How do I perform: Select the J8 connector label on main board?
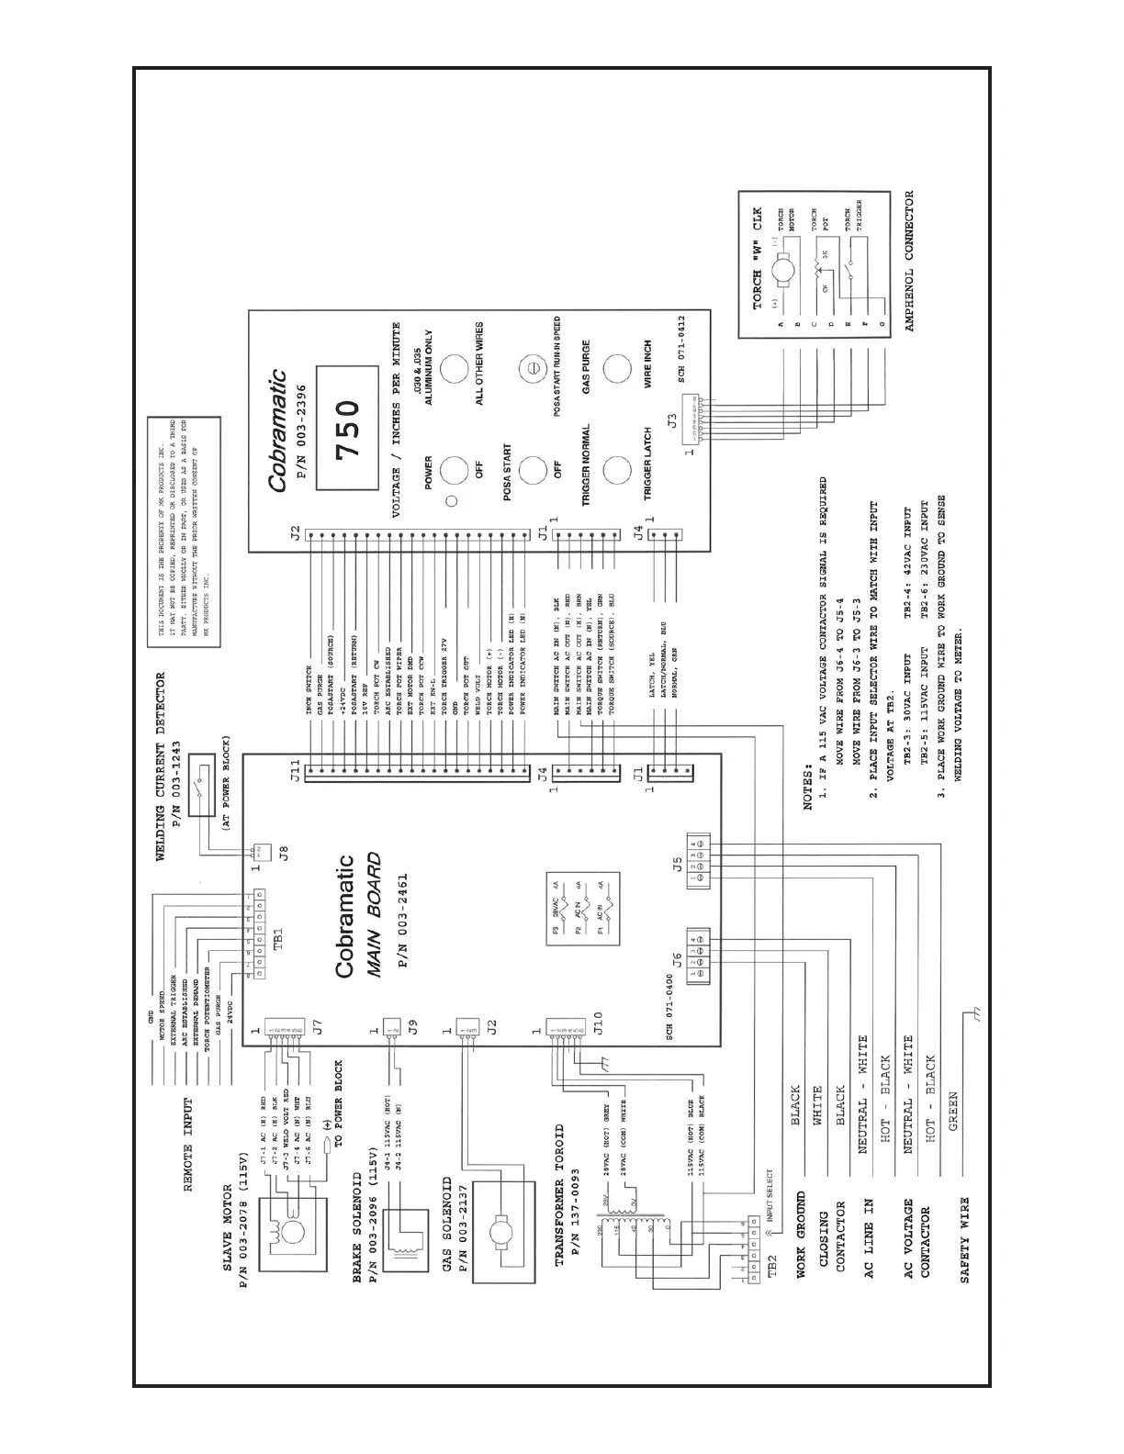click(284, 853)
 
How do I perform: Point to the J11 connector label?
click(294, 771)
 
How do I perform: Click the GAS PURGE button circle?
click(616, 370)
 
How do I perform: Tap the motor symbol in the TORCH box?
click(784, 272)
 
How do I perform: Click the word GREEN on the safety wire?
click(952, 1112)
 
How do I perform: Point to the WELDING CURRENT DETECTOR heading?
click(161, 766)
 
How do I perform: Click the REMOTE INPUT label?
click(188, 1144)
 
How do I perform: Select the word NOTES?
click(808, 786)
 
